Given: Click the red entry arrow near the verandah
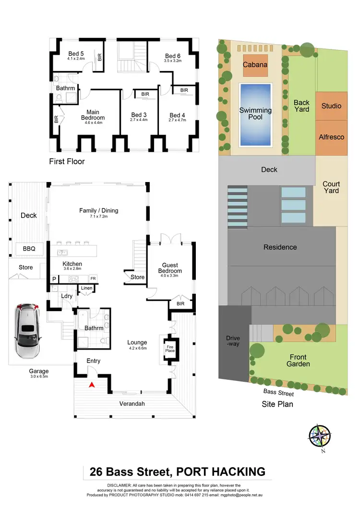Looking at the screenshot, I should (x=92, y=384).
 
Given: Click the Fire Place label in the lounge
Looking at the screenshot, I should (x=170, y=348).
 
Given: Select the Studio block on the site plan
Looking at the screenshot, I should (x=331, y=106).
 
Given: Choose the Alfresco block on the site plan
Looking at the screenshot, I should (x=331, y=137).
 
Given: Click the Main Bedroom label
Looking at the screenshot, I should (x=93, y=115).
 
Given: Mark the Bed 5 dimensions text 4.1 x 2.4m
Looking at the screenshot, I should (x=76, y=59).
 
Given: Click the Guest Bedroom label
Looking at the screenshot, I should (x=170, y=268).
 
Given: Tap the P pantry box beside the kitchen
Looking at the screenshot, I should (x=54, y=279).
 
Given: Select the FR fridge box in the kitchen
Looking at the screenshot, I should (x=93, y=279).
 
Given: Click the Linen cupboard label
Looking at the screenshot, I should (x=86, y=288).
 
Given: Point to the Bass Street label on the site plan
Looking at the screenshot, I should (x=278, y=393).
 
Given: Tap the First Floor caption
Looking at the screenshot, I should (x=67, y=161).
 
